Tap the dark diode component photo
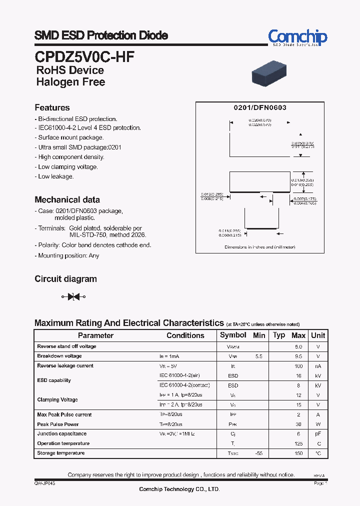pos(274,73)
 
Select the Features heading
pos(52,107)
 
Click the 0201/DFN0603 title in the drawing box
pos(260,108)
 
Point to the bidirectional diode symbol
pos(73,297)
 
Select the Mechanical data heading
pos(67,199)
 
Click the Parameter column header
pos(95,335)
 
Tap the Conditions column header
pos(185,335)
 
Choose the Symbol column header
pos(233,335)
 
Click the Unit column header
pos(318,335)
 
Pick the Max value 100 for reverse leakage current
pos(298,366)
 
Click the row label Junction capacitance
pos(61,434)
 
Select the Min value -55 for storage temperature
pos(258,453)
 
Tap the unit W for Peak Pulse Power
pos(318,424)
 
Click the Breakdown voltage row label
pos(59,356)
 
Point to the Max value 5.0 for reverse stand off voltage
pos(298,346)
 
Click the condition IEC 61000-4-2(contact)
pos(184,385)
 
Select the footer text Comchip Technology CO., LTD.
pos(179,489)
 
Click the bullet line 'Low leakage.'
pos(55,176)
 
